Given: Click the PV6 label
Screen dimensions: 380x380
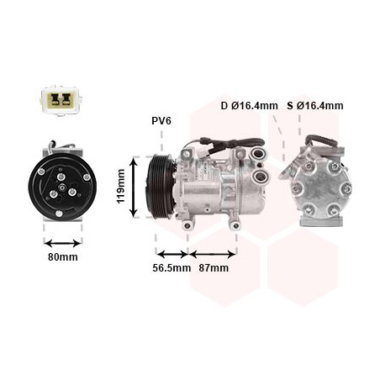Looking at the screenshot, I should (161, 121).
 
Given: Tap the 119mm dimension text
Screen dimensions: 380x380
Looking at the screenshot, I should (121, 187).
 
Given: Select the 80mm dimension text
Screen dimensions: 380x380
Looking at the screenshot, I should (62, 256).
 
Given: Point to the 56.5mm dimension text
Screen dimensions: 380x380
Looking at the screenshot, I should (169, 268).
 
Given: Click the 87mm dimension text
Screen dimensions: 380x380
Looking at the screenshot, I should (214, 268).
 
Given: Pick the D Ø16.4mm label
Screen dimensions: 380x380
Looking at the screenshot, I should (249, 106).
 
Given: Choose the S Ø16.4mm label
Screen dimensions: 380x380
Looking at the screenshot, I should (314, 106).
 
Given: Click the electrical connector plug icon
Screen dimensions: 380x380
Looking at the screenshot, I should (58, 100).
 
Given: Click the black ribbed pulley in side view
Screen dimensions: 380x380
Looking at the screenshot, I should (157, 187).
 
